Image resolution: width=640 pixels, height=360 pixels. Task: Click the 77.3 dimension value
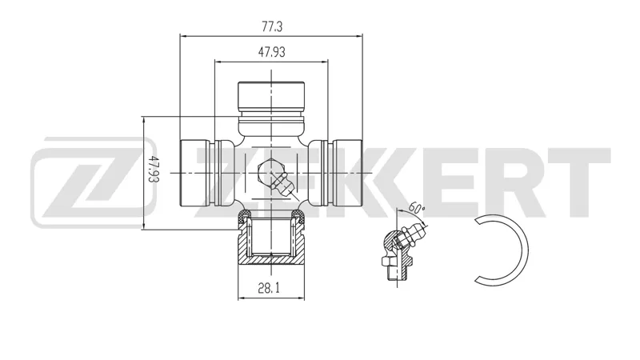click(272, 26)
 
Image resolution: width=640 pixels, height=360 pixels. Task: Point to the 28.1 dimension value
click(269, 288)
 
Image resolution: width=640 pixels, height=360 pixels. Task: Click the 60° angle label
click(416, 208)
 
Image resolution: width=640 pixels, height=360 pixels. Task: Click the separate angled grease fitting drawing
click(402, 250)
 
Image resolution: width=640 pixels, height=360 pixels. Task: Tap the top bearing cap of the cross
click(271, 98)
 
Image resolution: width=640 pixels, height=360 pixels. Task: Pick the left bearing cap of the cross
click(195, 173)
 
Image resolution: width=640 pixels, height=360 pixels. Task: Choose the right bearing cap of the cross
click(347, 173)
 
